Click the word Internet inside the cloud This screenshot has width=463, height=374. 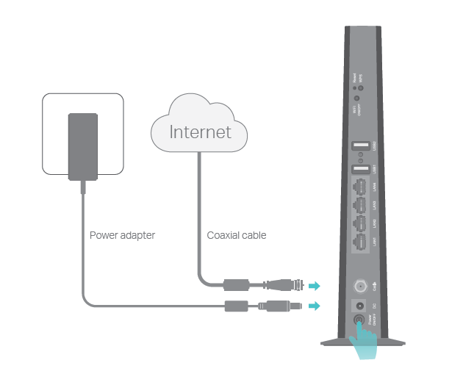200,132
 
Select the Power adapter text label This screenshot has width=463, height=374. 122,236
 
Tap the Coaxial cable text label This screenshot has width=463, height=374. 236,236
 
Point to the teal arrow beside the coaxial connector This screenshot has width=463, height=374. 314,285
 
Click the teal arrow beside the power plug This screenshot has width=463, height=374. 314,305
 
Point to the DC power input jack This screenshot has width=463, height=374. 360,304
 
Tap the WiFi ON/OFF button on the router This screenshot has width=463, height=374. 356,98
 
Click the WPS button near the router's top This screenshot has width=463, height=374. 360,87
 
